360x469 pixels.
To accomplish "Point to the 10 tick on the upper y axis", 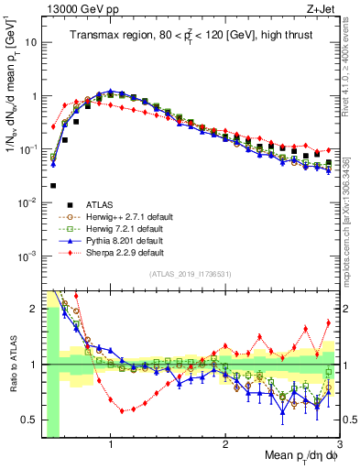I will pos(31,42).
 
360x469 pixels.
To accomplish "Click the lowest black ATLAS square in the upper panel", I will pos(53,186).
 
